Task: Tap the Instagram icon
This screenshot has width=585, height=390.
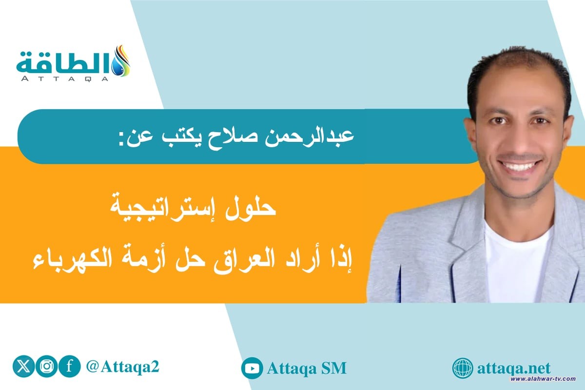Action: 46,367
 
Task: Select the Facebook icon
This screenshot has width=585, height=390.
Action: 69,367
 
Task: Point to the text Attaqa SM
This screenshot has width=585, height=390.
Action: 307,368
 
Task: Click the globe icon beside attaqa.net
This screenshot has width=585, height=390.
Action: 463,368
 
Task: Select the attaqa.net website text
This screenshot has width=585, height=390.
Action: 515,367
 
